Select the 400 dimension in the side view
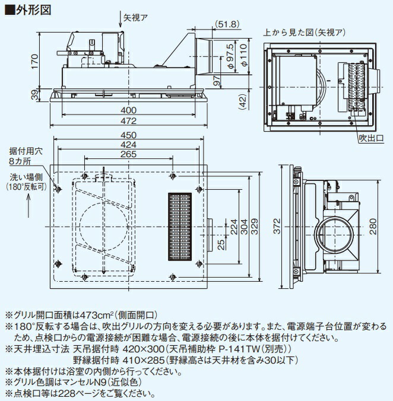pos(128,110)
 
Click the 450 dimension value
pos(128,135)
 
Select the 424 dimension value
pos(128,144)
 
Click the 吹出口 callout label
pos(371,138)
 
